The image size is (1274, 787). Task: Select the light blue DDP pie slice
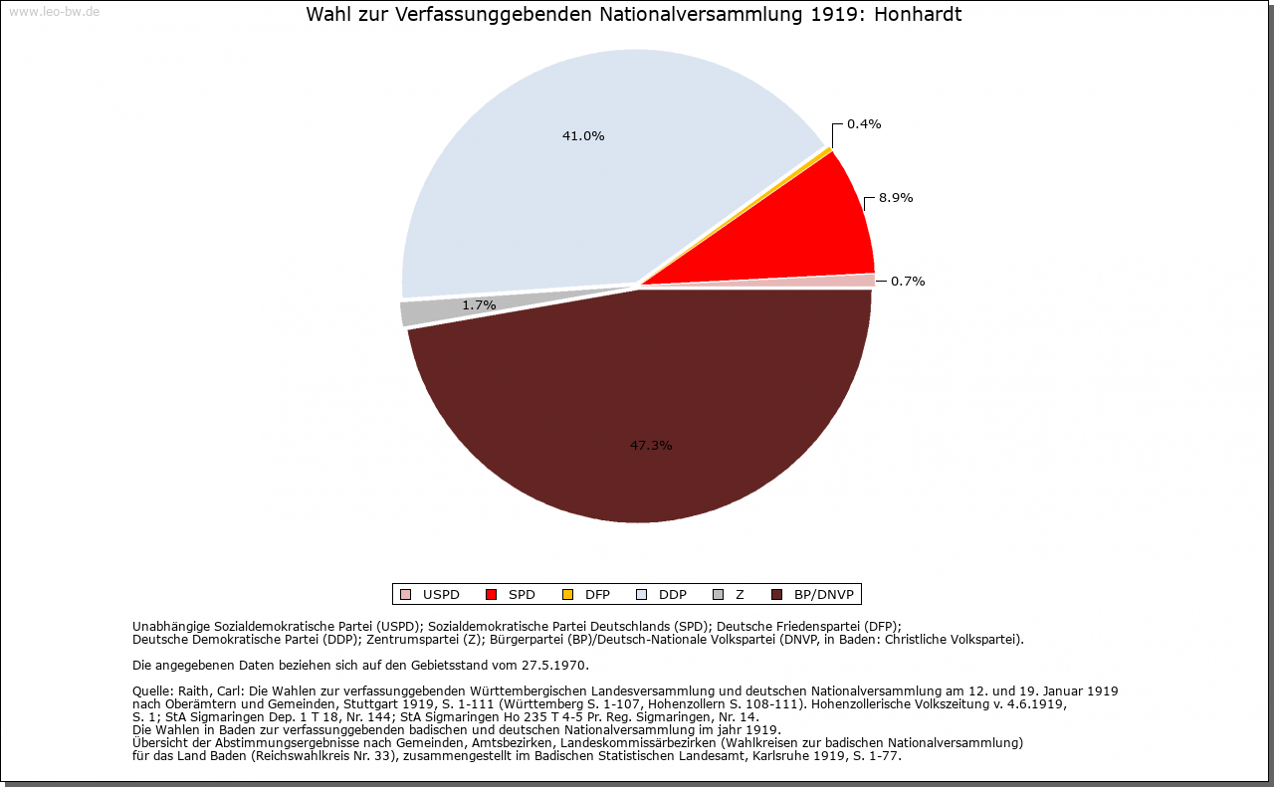(x=557, y=189)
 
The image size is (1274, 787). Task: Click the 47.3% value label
(x=651, y=445)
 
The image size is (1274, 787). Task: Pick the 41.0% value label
(x=583, y=136)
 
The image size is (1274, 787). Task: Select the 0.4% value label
(x=863, y=124)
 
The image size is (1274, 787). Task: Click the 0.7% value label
(x=908, y=281)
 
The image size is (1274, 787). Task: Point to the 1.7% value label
(x=479, y=305)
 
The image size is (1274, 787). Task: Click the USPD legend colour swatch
(x=405, y=595)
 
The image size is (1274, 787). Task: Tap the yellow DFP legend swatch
(x=567, y=595)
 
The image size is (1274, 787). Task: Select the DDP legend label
(x=673, y=595)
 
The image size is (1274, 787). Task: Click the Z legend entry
(x=740, y=595)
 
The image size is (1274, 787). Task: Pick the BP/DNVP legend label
(x=824, y=595)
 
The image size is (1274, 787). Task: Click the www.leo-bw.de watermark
(x=53, y=12)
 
